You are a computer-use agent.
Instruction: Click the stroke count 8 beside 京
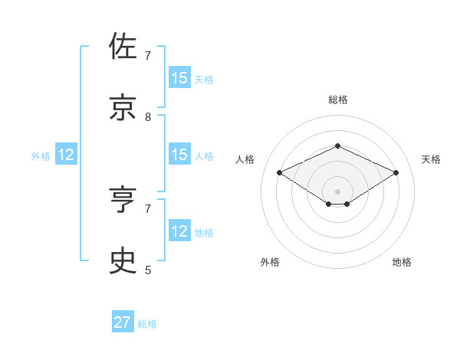pyautogui.click(x=148, y=117)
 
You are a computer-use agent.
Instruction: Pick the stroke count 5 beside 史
pyautogui.click(x=148, y=270)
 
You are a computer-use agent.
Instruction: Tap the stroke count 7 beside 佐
pyautogui.click(x=148, y=56)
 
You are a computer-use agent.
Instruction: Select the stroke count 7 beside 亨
pyautogui.click(x=148, y=208)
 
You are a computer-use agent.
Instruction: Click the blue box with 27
pyautogui.click(x=123, y=322)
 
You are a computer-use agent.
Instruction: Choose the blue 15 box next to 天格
pyautogui.click(x=179, y=78)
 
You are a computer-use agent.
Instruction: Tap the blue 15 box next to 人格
pyautogui.click(x=179, y=155)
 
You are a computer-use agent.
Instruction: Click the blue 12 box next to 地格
pyautogui.click(x=179, y=231)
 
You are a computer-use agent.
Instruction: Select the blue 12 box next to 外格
pyautogui.click(x=66, y=155)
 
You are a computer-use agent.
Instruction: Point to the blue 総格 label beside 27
pyautogui.click(x=147, y=324)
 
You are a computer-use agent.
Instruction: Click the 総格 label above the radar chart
pyautogui.click(x=338, y=100)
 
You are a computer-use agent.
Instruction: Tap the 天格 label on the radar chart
pyautogui.click(x=431, y=159)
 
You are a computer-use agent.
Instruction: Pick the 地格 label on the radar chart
pyautogui.click(x=402, y=262)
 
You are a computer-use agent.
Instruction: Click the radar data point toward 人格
pyautogui.click(x=280, y=173)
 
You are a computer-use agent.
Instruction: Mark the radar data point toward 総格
pyautogui.click(x=338, y=146)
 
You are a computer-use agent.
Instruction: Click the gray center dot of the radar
pyautogui.click(x=338, y=191)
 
